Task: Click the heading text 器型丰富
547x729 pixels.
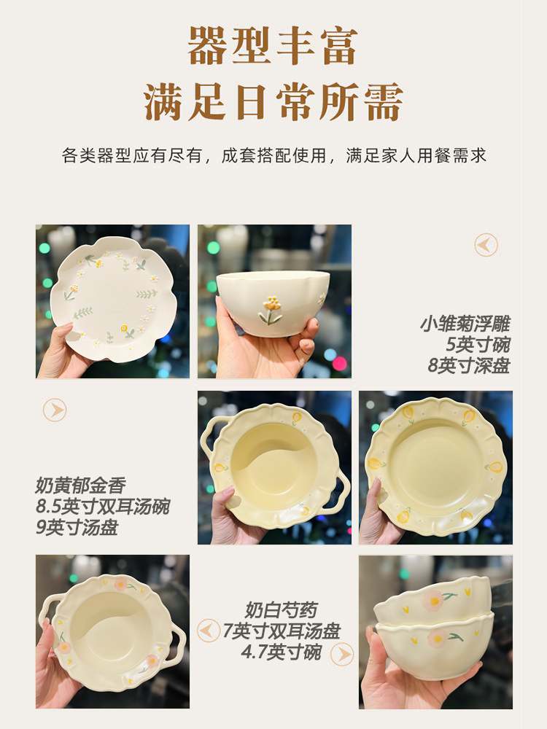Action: point(273,47)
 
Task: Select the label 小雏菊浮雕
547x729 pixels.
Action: point(465,324)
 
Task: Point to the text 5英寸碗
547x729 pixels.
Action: point(478,344)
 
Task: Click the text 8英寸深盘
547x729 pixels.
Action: point(468,364)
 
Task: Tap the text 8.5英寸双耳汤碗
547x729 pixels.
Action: point(102,507)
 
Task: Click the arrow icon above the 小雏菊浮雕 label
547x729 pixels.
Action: point(486,245)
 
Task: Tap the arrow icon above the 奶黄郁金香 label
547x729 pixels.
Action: point(55,410)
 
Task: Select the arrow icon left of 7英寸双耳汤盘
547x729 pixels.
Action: point(209,631)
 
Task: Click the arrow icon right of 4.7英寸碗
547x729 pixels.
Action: point(342,654)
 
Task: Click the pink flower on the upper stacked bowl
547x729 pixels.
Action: point(434,600)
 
